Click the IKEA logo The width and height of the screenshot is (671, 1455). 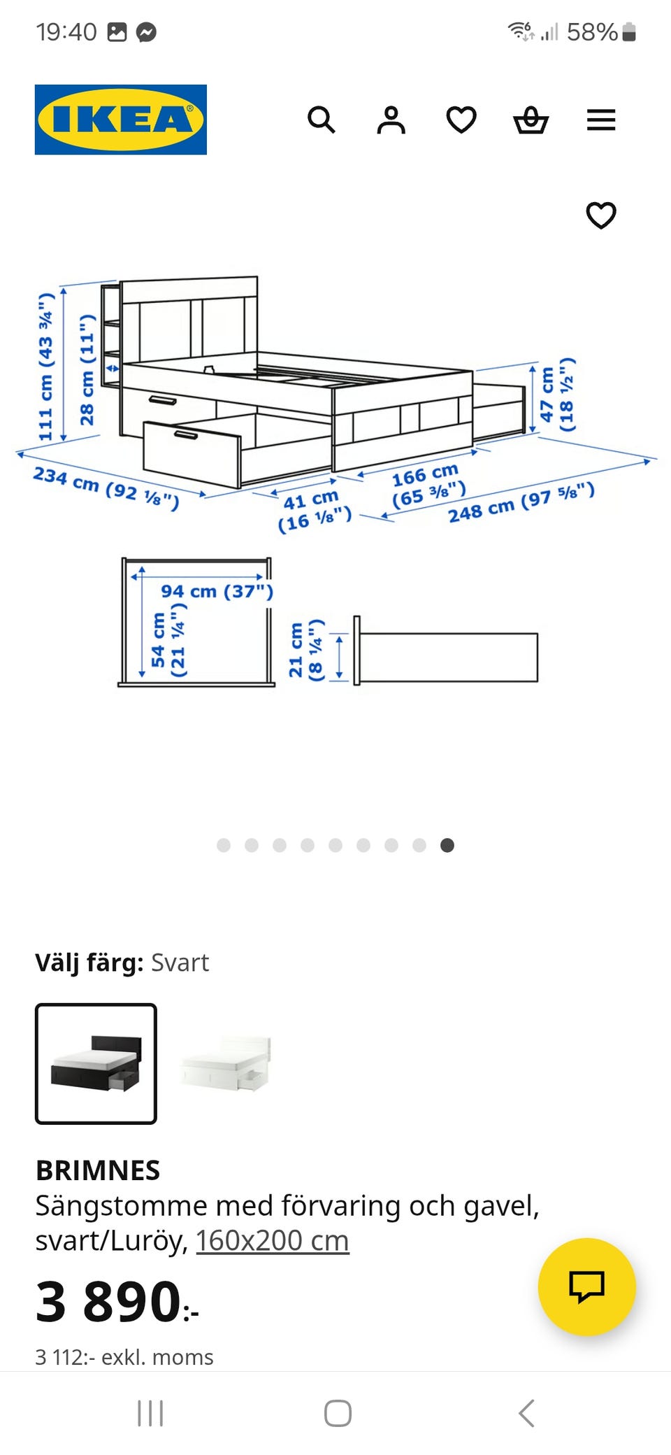121,120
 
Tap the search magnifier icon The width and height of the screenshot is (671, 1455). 322,120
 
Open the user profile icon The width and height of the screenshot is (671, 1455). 391,120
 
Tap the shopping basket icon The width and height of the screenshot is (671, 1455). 531,120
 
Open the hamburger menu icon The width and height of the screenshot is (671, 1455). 601,120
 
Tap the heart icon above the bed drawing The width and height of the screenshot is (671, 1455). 601,215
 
